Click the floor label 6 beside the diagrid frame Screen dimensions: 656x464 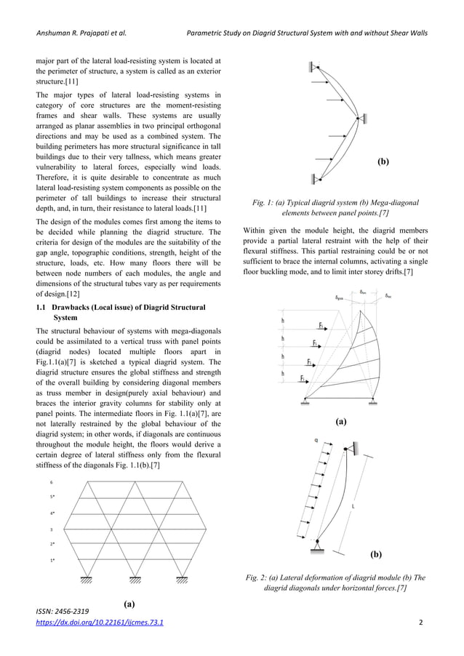(52, 482)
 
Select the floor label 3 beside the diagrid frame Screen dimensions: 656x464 (52, 529)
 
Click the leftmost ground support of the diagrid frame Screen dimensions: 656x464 (87, 579)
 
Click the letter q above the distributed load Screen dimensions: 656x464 (316, 440)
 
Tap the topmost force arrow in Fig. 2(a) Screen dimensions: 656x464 (320, 327)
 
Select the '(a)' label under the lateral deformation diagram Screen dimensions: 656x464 (342, 421)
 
